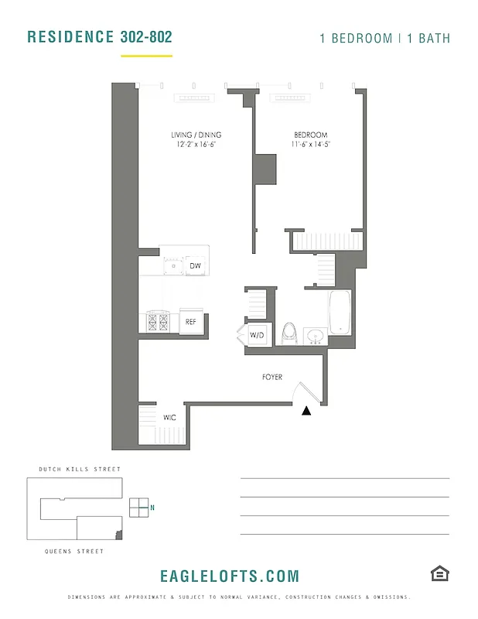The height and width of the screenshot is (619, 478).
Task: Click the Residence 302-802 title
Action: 99,37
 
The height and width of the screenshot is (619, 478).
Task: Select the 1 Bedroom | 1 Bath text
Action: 384,38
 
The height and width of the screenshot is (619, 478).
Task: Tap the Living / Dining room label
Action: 196,135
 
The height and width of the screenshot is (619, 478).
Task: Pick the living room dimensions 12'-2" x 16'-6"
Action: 196,145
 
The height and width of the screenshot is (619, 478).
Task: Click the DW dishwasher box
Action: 195,266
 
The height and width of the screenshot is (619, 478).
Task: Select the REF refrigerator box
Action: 191,321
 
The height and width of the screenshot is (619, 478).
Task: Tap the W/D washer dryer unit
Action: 257,336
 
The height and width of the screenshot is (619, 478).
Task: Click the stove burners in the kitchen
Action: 159,320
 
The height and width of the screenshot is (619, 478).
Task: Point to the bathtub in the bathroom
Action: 340,313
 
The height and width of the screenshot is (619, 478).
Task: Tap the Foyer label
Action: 272,378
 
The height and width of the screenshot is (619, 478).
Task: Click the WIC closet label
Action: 169,418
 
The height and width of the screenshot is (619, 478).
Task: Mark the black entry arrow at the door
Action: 307,411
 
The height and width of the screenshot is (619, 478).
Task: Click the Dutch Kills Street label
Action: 80,470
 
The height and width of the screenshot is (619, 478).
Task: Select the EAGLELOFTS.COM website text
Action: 229,576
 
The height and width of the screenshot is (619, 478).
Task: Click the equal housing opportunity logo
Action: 439,573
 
